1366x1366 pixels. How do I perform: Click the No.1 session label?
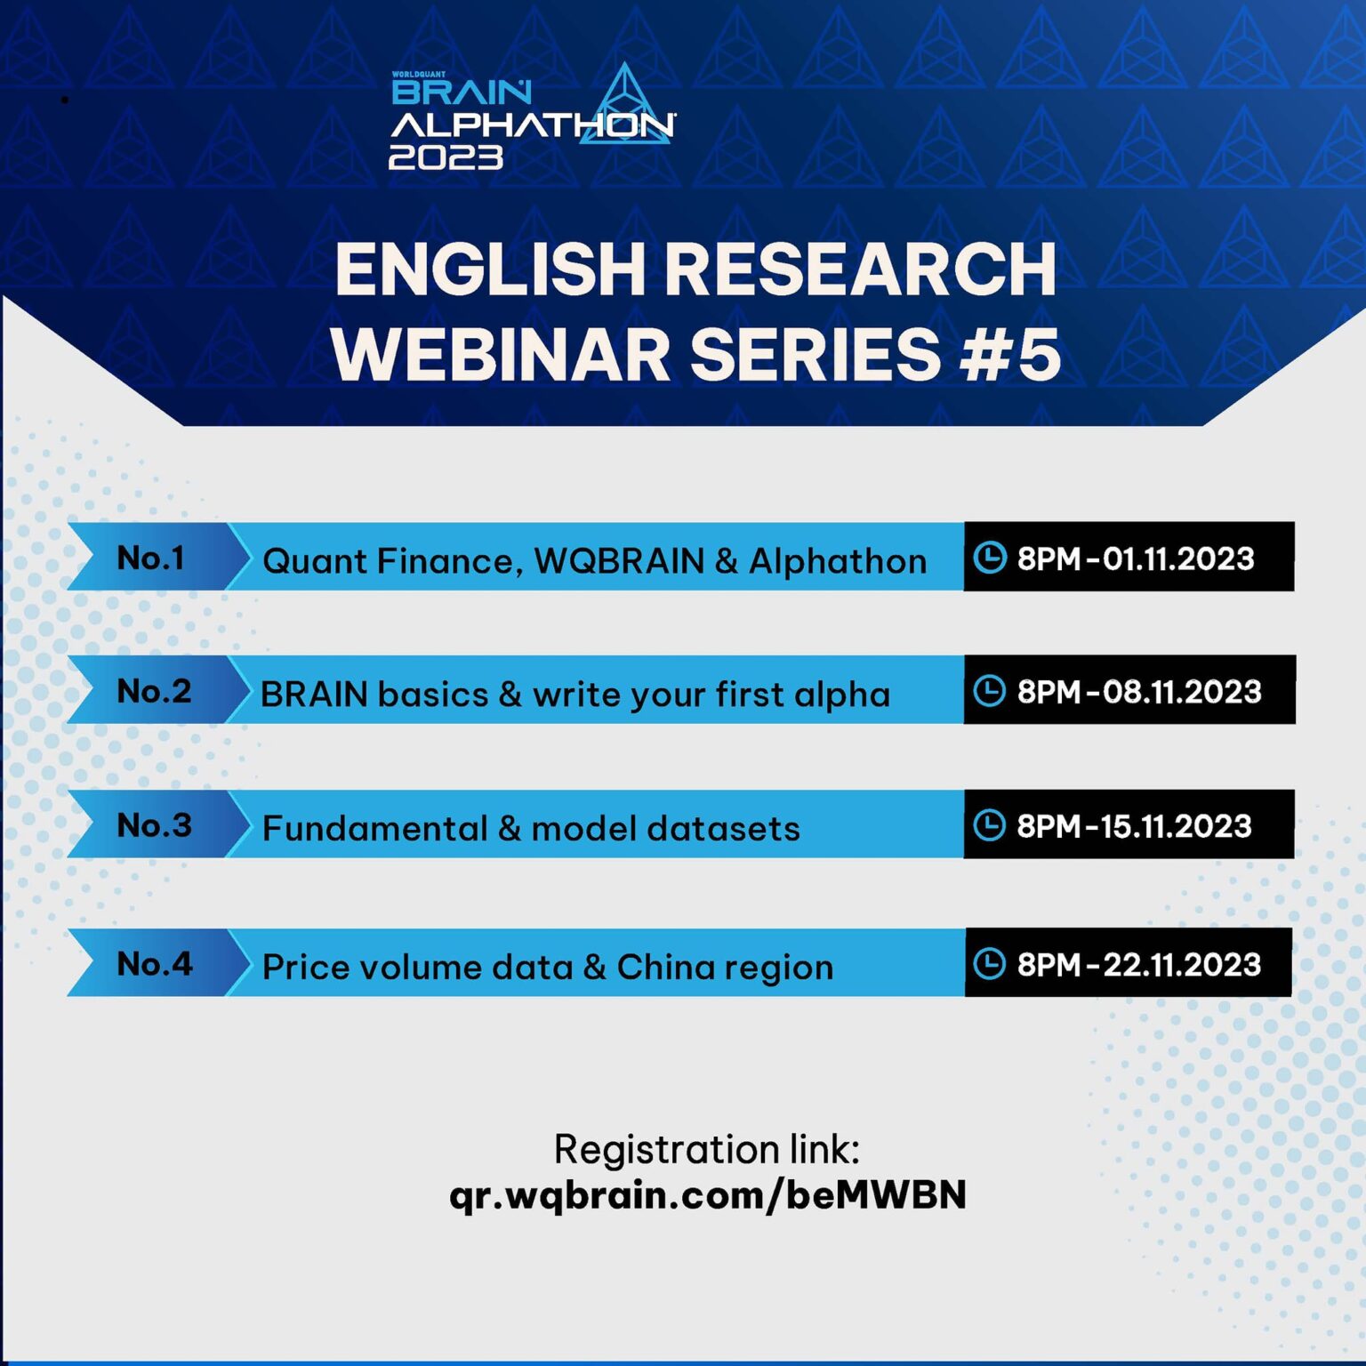click(x=150, y=558)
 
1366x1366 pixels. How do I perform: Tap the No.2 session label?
click(x=154, y=691)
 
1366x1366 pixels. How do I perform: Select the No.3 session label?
click(x=154, y=825)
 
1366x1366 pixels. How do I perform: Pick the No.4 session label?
click(x=154, y=964)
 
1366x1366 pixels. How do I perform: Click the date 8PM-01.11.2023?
click(x=1135, y=558)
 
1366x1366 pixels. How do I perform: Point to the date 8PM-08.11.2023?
click(x=1138, y=692)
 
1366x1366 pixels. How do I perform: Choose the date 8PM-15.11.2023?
click(x=1134, y=826)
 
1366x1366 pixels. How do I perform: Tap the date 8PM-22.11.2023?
click(x=1138, y=965)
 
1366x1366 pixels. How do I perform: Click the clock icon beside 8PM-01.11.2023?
click(x=989, y=558)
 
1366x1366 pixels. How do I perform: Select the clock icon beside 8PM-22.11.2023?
click(x=989, y=964)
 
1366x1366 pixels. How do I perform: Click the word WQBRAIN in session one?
click(x=619, y=561)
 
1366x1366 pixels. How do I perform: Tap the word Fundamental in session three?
click(x=374, y=829)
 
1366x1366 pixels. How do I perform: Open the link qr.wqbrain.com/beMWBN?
click(x=707, y=1194)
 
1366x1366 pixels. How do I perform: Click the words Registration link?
click(x=707, y=1149)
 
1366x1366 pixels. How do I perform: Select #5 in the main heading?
click(x=1011, y=354)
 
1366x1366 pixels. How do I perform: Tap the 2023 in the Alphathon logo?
click(x=446, y=157)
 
